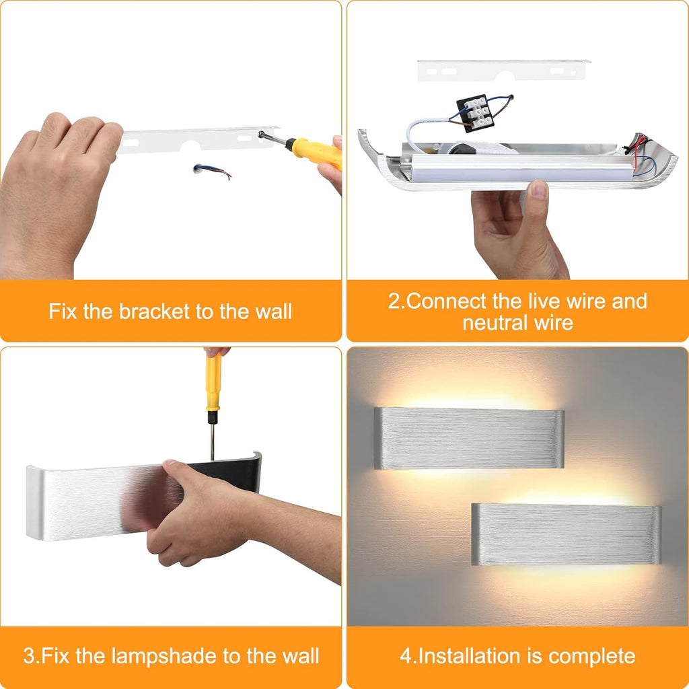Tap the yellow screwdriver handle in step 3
(213, 381)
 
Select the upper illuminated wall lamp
(468, 437)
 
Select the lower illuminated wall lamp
(566, 534)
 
